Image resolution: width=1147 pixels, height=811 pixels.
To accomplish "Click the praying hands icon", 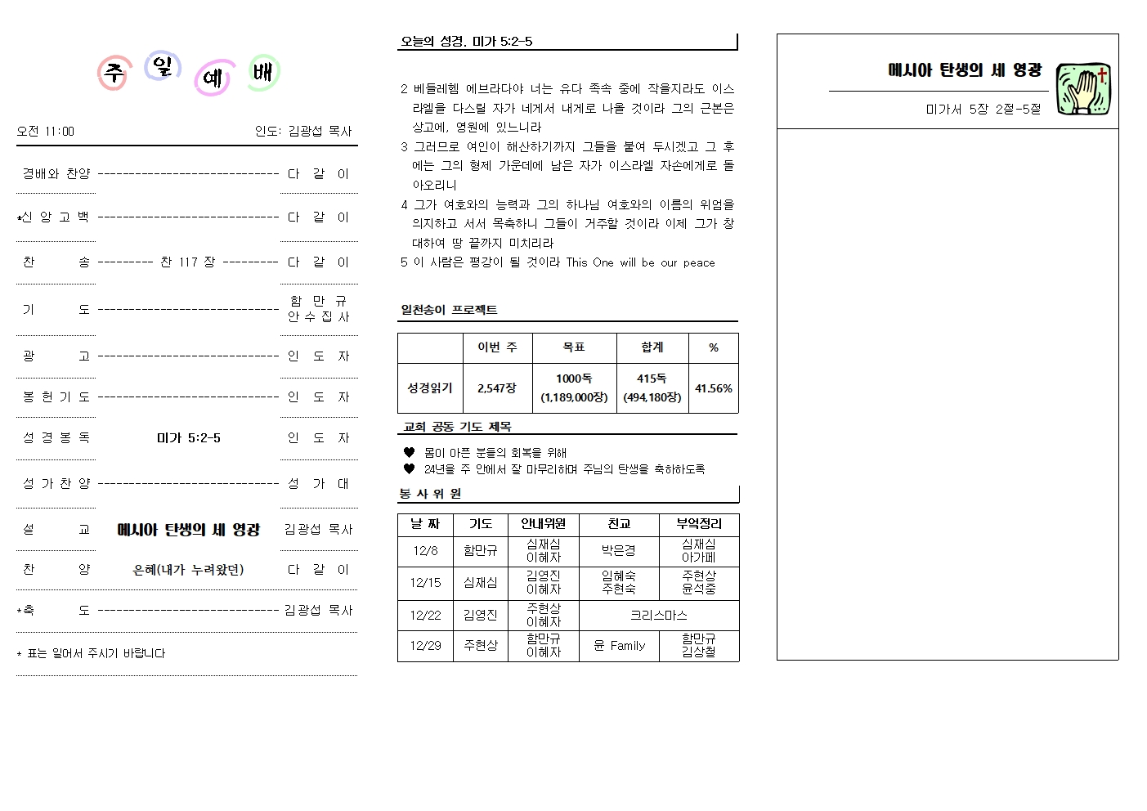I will point(1083,90).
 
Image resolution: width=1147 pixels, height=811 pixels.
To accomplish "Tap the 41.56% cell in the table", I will point(714,388).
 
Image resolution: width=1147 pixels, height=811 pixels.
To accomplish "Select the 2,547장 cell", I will point(497,388).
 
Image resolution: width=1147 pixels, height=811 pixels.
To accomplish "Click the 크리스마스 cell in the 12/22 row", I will point(658,615).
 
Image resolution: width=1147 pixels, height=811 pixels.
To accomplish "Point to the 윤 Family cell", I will point(619,646).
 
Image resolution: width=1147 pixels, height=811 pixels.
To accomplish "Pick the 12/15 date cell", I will point(425,583).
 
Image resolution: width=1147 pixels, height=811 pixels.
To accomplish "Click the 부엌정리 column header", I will point(699,524).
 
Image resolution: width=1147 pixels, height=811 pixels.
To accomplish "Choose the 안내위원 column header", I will point(543,524).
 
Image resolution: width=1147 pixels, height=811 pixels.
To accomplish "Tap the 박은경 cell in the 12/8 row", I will point(619,551).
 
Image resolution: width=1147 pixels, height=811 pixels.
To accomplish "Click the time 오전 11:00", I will point(45,131).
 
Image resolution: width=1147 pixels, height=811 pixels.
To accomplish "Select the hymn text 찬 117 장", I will point(187,262).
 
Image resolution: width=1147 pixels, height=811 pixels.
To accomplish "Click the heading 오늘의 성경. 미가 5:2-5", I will point(466,42).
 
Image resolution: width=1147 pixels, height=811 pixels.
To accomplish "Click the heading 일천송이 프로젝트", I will point(449,310).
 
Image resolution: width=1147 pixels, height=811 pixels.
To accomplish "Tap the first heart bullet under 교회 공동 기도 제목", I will point(410,452).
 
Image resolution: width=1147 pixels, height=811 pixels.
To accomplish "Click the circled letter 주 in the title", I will point(114,74).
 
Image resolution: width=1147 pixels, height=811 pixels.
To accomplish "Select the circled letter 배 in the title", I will point(263,74).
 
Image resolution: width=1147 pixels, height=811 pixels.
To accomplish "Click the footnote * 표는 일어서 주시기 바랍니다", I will point(91,653).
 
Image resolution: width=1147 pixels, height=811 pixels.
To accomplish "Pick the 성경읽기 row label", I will point(430,388).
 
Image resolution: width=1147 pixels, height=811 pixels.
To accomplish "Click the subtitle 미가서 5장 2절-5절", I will point(983,109).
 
